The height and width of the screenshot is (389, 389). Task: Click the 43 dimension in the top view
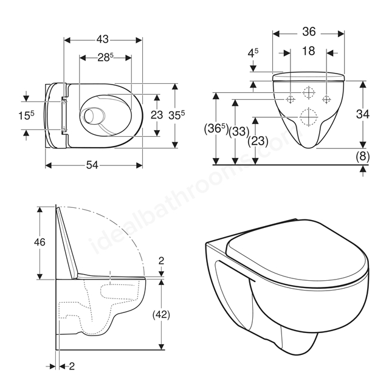103,39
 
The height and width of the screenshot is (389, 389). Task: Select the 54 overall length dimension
92,165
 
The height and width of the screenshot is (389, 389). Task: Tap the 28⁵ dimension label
105,58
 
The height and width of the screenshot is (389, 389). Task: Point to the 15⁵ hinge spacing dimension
26,115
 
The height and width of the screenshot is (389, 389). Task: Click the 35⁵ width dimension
176,115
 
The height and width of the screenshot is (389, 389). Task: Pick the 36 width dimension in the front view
309,32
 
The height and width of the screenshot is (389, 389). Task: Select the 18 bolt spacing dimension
309,51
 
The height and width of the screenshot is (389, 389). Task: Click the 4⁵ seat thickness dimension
253,53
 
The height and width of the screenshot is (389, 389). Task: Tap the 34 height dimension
363,114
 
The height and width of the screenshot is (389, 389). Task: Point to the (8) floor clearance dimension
363,156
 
